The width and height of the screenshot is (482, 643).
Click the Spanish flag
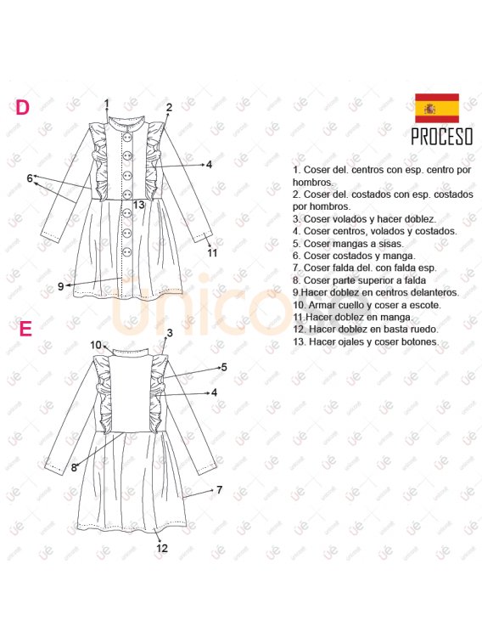(437, 108)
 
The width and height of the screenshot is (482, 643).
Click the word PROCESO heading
(442, 137)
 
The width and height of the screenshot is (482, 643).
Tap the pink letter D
(23, 107)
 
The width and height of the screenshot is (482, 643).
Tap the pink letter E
(25, 329)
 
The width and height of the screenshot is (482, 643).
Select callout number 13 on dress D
(139, 204)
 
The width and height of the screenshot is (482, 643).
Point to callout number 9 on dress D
(60, 286)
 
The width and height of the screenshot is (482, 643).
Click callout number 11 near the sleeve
(211, 252)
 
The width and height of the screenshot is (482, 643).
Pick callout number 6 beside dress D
(30, 178)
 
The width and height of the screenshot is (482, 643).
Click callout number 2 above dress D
(169, 107)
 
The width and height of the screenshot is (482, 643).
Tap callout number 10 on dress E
(96, 345)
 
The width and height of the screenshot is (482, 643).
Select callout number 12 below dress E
(162, 548)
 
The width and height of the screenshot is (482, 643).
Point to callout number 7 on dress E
(220, 489)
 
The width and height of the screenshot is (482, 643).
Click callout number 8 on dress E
(74, 467)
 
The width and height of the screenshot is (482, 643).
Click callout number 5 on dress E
(223, 367)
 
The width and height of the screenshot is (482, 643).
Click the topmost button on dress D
(127, 137)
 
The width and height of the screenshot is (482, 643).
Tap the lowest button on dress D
(127, 251)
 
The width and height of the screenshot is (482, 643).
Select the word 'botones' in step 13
(423, 341)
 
